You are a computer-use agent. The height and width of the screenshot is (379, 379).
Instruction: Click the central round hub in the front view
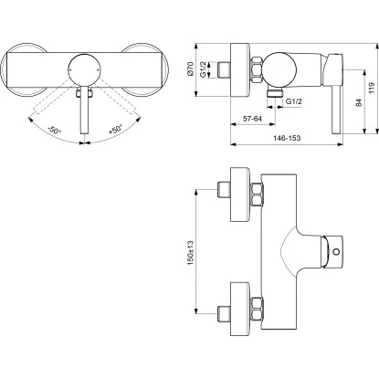point(86,67)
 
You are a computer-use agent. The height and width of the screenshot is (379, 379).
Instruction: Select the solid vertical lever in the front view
point(86,110)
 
